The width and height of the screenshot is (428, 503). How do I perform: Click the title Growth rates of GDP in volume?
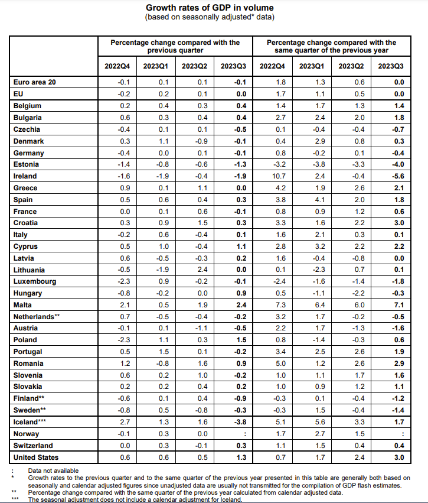[210, 8]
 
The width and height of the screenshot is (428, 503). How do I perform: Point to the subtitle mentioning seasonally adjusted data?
[210, 17]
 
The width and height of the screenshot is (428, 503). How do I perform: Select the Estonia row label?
[26, 164]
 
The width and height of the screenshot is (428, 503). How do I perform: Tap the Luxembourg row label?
[35, 282]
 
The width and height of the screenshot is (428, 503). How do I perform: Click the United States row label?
[36, 457]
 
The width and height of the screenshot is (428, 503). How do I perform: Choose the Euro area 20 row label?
[35, 82]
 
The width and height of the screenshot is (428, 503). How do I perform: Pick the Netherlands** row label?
[37, 317]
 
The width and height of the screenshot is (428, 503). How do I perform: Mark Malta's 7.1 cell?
[399, 305]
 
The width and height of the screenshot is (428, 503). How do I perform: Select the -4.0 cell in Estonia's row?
[398, 164]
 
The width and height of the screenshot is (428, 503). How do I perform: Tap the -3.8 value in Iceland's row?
[240, 422]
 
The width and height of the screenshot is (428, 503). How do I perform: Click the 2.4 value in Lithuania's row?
[202, 270]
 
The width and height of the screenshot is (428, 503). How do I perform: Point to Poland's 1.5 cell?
[241, 340]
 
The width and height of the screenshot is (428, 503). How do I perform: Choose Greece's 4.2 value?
[280, 188]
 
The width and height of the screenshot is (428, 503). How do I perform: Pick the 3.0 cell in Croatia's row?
[399, 223]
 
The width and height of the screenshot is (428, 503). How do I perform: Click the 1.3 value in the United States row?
[241, 457]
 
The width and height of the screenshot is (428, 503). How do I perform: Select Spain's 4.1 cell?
[320, 200]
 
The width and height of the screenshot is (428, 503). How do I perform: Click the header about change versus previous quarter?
[175, 47]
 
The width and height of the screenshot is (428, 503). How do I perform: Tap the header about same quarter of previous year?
[332, 47]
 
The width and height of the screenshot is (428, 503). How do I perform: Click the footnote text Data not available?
[53, 470]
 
